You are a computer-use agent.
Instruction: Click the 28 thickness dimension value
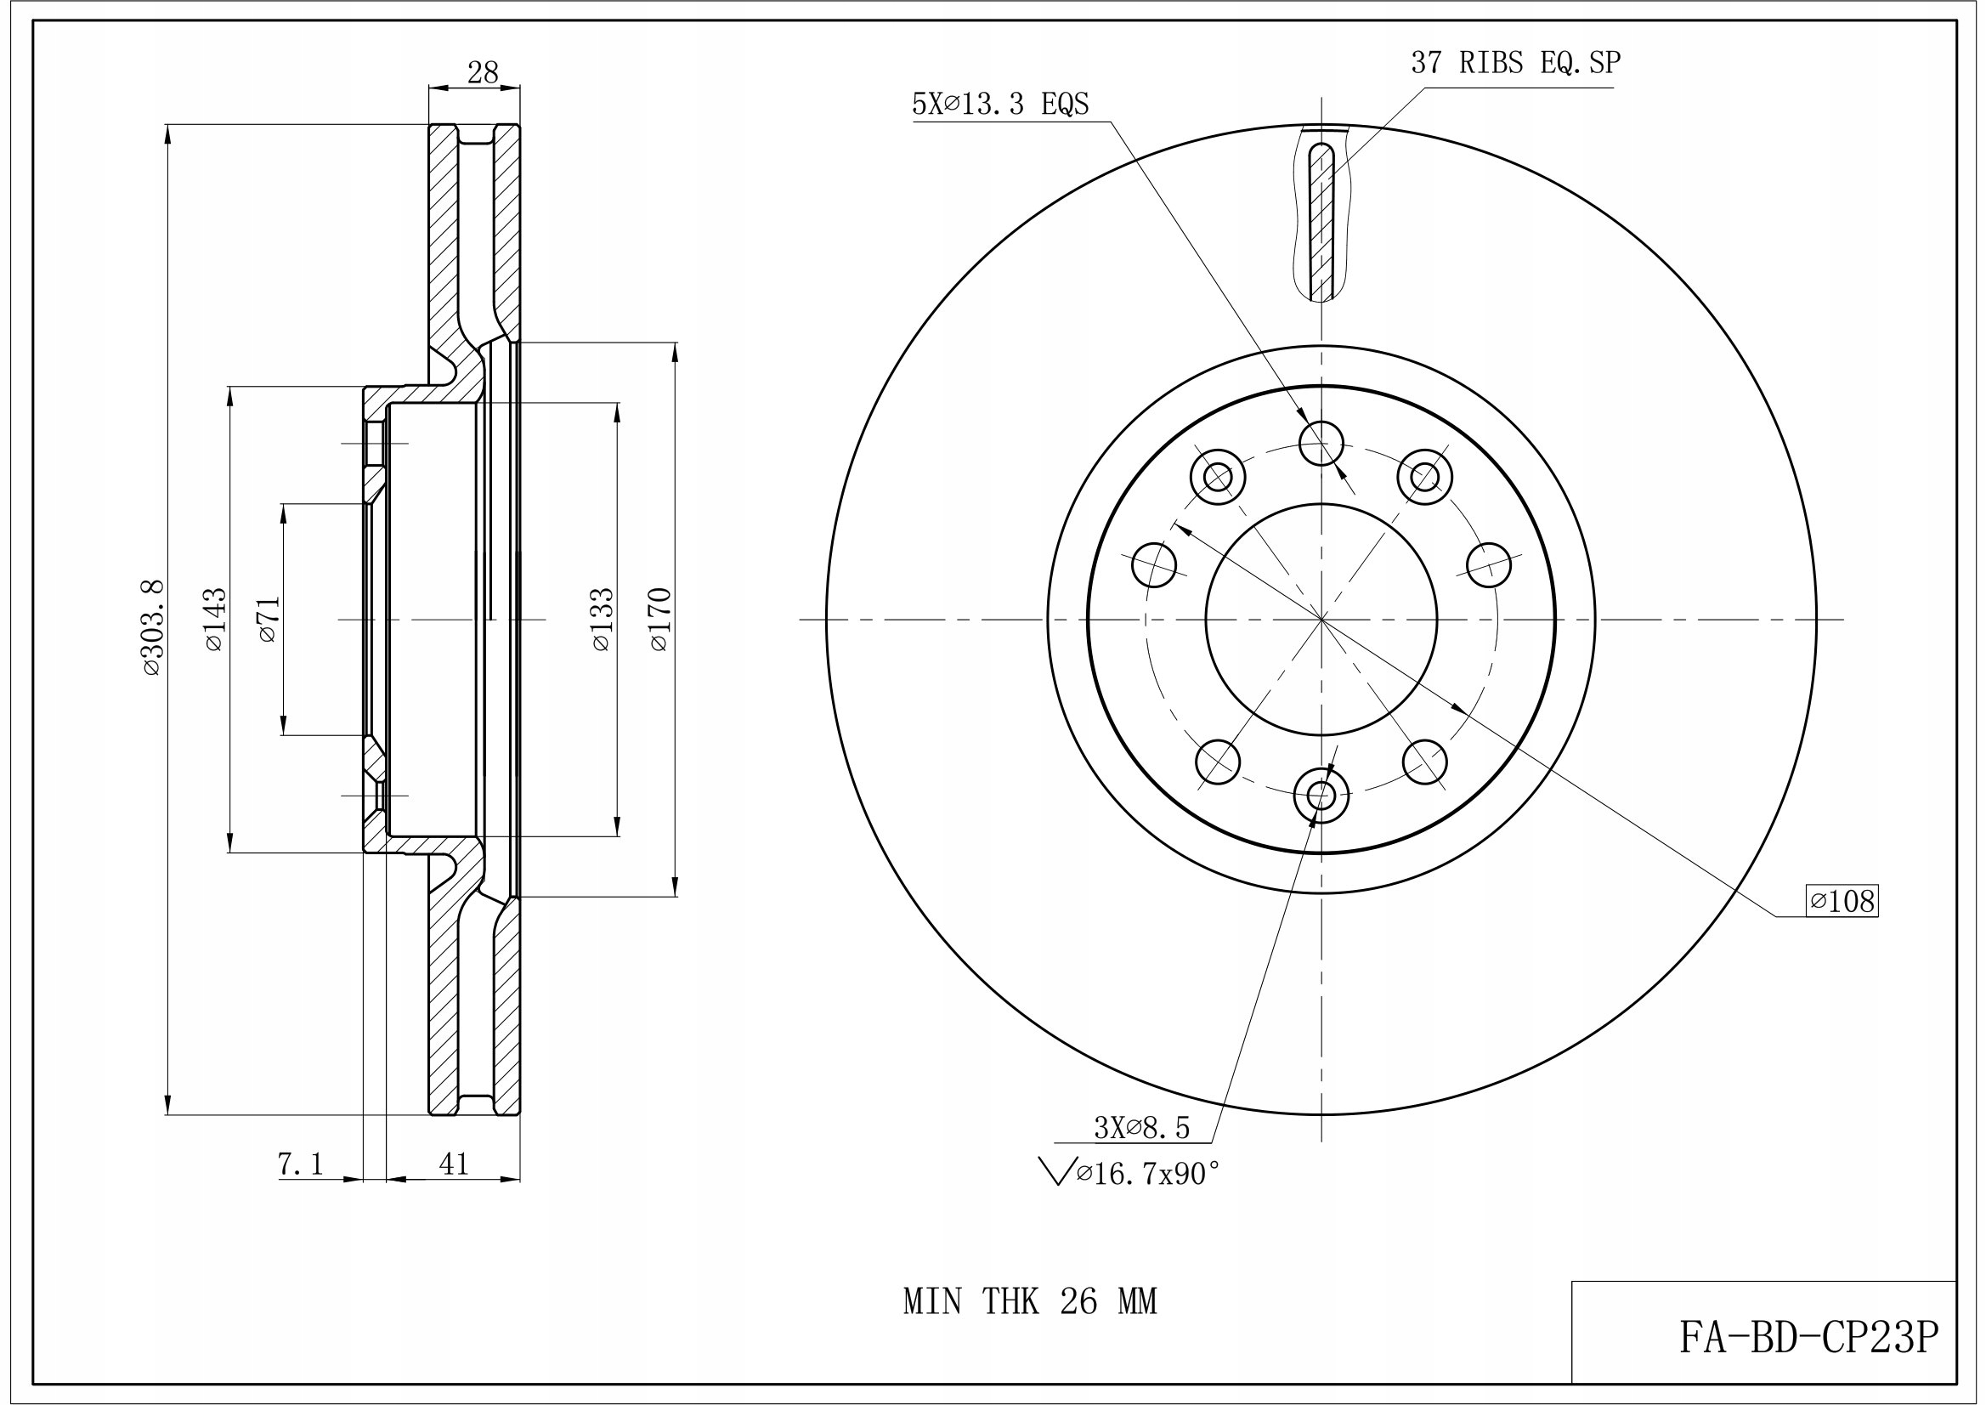click(483, 73)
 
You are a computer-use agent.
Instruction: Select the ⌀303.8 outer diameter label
click(151, 628)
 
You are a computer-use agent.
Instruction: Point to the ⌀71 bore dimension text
click(269, 620)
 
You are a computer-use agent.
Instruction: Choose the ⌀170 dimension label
click(659, 620)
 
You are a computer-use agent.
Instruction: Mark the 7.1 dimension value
click(300, 1164)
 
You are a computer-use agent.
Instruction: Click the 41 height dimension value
click(453, 1164)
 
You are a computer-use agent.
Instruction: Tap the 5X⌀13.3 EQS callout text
click(1000, 105)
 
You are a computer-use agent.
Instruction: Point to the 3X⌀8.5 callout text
click(1142, 1128)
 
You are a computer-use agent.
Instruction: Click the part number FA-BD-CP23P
click(1808, 1339)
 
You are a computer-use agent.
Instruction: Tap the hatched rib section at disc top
click(1321, 224)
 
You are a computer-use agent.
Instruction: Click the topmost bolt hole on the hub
click(1321, 444)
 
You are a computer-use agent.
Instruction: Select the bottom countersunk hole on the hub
click(1321, 794)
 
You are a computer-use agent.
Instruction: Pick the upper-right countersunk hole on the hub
click(1424, 477)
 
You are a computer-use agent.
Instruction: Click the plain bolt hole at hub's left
click(1154, 565)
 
